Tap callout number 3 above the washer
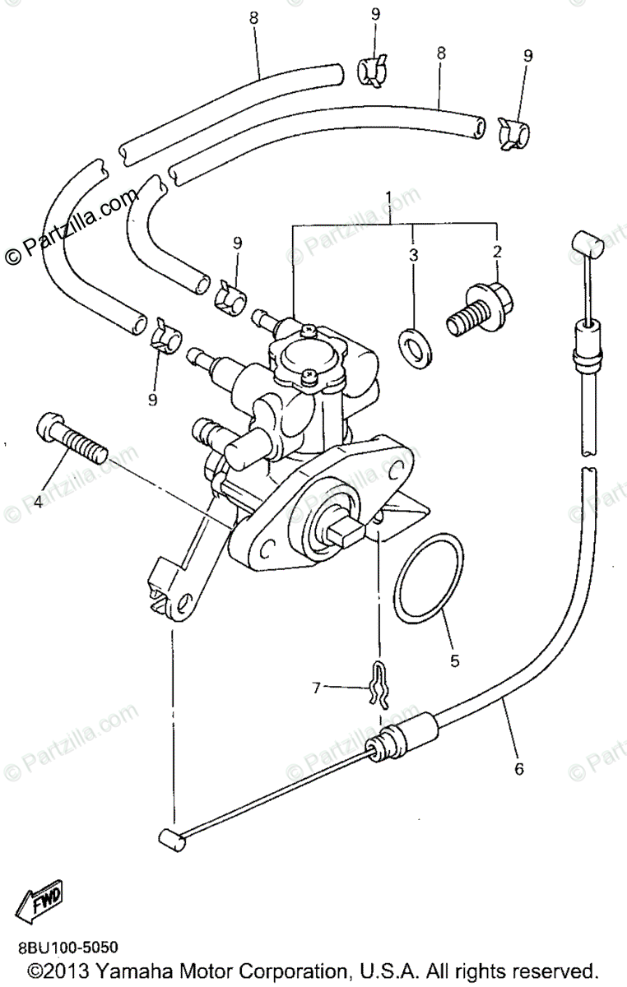click(x=414, y=256)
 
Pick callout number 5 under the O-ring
click(x=455, y=660)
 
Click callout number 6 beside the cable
click(x=518, y=769)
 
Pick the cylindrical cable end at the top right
click(x=585, y=243)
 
